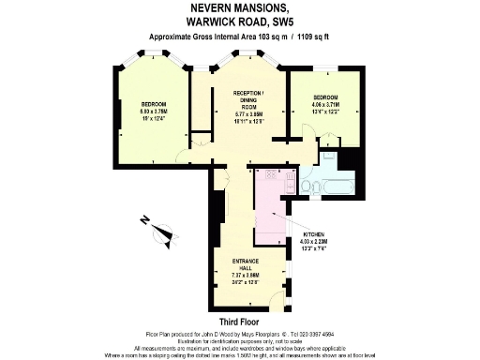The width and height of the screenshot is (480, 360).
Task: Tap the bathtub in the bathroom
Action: [336, 187]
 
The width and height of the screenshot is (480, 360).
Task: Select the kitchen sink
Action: [290, 178]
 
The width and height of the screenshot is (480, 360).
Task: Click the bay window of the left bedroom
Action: [150, 61]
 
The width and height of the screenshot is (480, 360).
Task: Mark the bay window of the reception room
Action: [248, 59]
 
